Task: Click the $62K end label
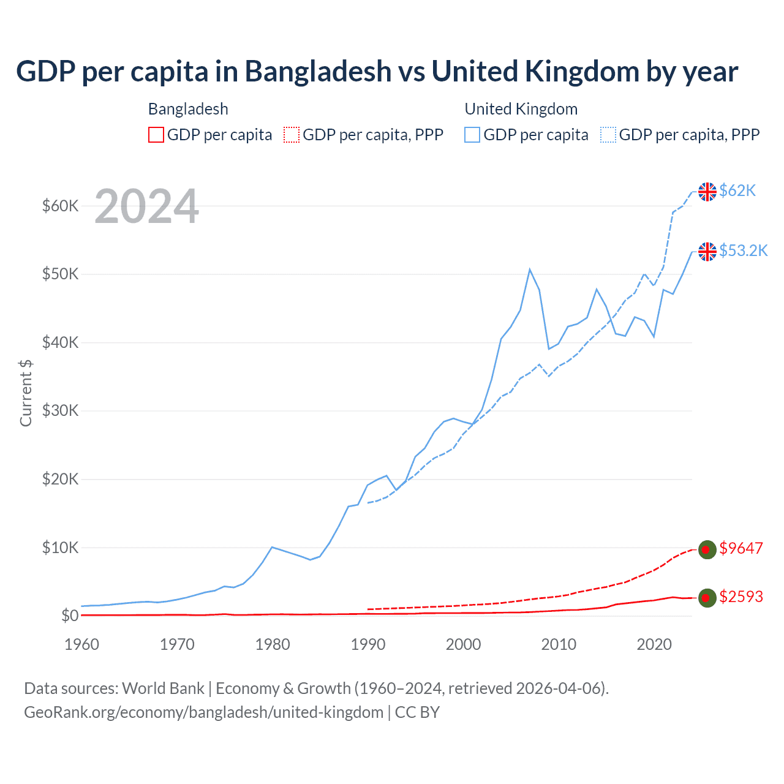pyautogui.click(x=737, y=190)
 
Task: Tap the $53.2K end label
pyautogui.click(x=743, y=251)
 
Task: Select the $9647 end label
pyautogui.click(x=741, y=548)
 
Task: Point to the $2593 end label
pyautogui.click(x=741, y=597)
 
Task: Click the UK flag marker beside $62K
pyautogui.click(x=707, y=192)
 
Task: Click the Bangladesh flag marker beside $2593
pyautogui.click(x=707, y=598)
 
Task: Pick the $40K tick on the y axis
pyautogui.click(x=60, y=342)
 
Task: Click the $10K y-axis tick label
pyautogui.click(x=60, y=548)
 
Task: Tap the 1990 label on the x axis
pyautogui.click(x=368, y=644)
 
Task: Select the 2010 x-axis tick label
pyautogui.click(x=559, y=644)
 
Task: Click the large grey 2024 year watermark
pyautogui.click(x=146, y=206)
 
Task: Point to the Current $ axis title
pyautogui.click(x=26, y=393)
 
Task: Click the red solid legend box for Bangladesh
pyautogui.click(x=156, y=135)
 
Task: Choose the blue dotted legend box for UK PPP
pyautogui.click(x=608, y=135)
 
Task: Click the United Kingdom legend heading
pyautogui.click(x=521, y=109)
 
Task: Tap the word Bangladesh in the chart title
pyautogui.click(x=318, y=71)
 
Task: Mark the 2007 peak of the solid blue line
pyautogui.click(x=530, y=269)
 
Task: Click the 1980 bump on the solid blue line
pyautogui.click(x=272, y=547)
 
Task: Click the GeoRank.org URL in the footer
pyautogui.click(x=203, y=712)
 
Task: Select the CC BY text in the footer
pyautogui.click(x=417, y=712)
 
